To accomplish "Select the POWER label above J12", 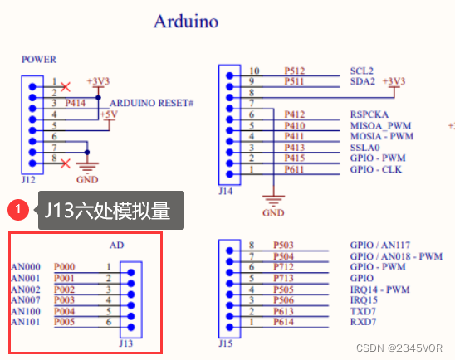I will (x=39, y=60).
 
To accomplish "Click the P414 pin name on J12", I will (x=74, y=102).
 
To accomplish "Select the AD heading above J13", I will (x=117, y=246).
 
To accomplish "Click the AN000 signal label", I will (x=26, y=266).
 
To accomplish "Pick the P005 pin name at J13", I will (x=65, y=321).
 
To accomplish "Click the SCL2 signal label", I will (x=363, y=71).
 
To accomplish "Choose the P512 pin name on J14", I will (x=295, y=71).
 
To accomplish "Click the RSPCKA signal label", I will (x=369, y=114).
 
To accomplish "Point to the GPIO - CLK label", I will (x=376, y=168).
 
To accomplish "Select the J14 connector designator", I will (x=225, y=190).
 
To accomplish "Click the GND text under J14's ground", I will (x=272, y=212).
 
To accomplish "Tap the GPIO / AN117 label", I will (x=381, y=245).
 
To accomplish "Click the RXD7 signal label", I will (x=364, y=320).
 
